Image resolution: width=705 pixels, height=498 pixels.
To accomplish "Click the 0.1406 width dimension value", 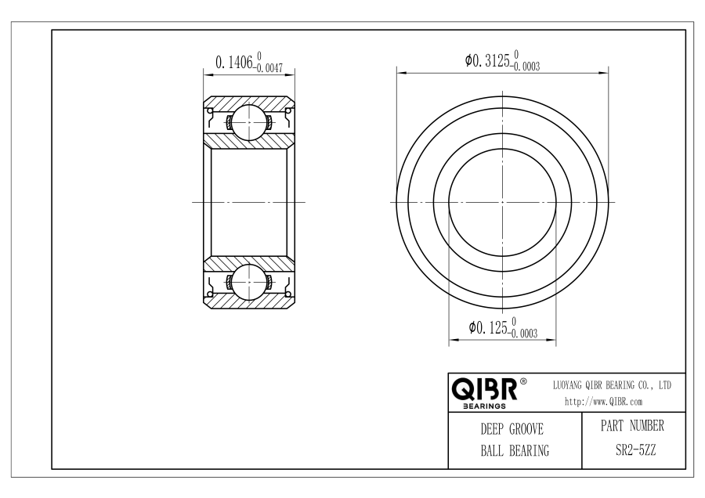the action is tap(234, 63).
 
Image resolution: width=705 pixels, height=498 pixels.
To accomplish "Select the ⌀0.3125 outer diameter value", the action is tap(487, 60).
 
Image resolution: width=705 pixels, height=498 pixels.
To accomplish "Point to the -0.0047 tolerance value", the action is tap(269, 68).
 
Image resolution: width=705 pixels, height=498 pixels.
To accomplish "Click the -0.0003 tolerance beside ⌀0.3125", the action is tap(525, 67).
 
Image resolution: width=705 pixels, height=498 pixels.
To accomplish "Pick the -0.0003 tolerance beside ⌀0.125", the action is tap(523, 334).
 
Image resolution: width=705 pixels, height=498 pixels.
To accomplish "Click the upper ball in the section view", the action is tap(249, 122).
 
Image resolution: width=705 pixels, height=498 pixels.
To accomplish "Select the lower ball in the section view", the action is tap(249, 282).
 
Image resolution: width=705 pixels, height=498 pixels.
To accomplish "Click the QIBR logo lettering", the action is tap(484, 389).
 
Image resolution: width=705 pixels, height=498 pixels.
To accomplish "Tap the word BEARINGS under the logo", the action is tap(484, 406).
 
